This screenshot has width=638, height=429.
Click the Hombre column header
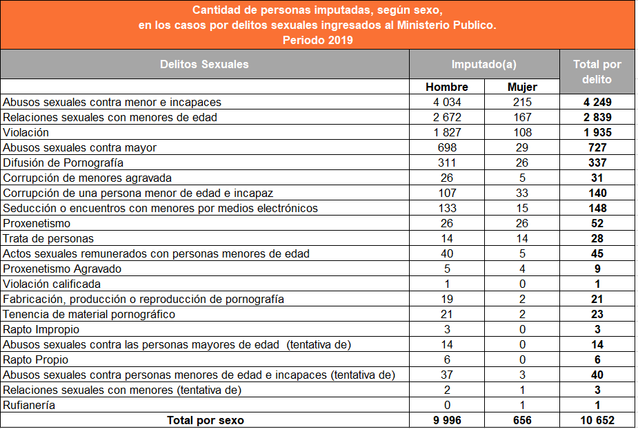tap(447, 87)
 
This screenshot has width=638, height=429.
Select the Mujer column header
tap(522, 87)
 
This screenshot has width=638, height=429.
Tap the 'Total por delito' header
tap(597, 72)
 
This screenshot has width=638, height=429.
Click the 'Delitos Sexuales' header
tap(204, 64)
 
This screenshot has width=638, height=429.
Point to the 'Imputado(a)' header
tap(484, 64)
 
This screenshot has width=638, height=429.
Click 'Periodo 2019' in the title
tap(318, 40)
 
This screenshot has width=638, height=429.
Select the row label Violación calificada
tap(52, 284)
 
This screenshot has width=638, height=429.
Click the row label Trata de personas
tap(48, 238)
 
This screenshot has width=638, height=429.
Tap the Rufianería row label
tap(29, 405)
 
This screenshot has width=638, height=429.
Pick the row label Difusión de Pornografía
tap(63, 163)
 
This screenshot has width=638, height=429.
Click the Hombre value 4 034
tap(447, 102)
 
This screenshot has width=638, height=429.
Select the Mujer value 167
tap(522, 117)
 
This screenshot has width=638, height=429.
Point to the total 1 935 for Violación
tap(597, 132)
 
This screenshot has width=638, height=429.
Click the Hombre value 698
tap(447, 147)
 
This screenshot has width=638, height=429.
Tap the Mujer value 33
tap(522, 193)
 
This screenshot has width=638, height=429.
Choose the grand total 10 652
tap(597, 421)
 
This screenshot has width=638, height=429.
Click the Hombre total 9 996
tap(447, 421)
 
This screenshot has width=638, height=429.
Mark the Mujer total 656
tap(522, 421)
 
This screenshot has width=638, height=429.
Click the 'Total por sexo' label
tap(206, 421)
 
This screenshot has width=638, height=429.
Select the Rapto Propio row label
tap(35, 360)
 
